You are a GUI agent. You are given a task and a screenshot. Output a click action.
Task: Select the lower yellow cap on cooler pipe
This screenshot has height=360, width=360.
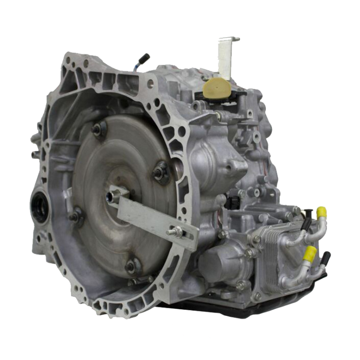click(x=309, y=254)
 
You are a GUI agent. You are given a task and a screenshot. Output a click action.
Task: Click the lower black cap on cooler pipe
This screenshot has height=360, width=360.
click(x=325, y=257)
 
